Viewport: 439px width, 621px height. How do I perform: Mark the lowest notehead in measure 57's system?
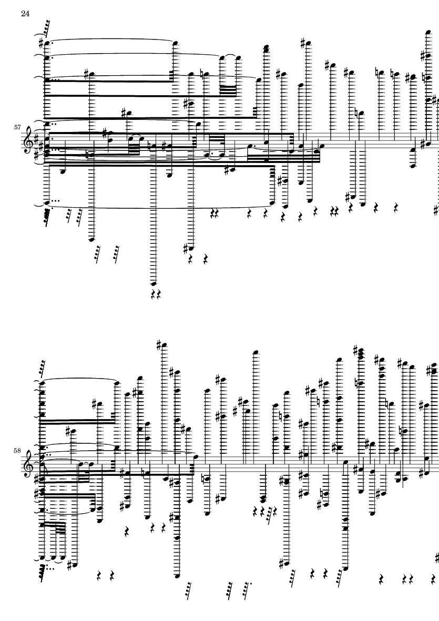[x=154, y=284]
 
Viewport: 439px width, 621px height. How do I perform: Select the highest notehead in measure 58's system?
[x=165, y=345]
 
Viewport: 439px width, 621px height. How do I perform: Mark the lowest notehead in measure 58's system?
[x=177, y=575]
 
